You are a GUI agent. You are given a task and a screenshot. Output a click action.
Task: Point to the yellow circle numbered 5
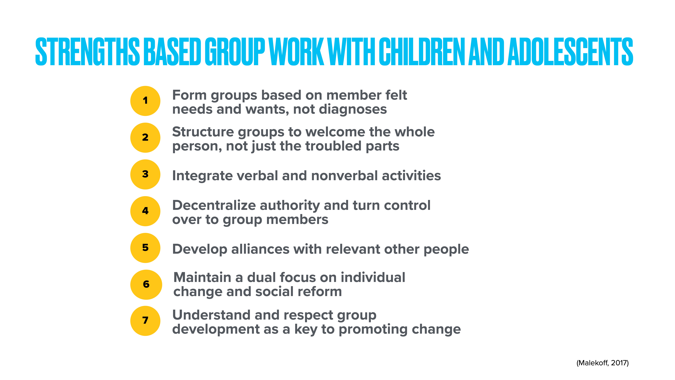click(145, 248)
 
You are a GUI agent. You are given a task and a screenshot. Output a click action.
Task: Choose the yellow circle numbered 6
click(146, 285)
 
